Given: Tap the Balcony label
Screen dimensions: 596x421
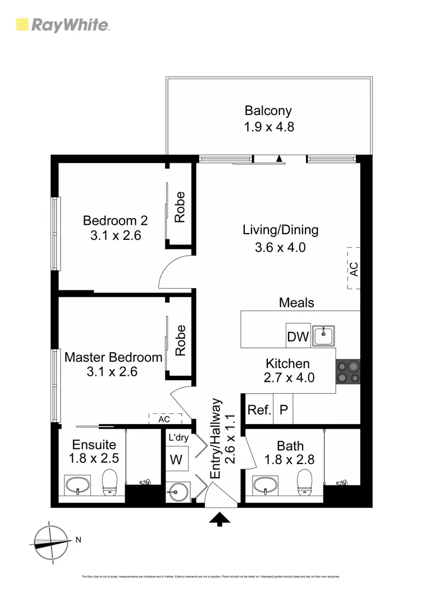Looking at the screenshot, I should pyautogui.click(x=268, y=111).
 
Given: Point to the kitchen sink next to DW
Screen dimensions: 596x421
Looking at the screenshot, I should pyautogui.click(x=324, y=336).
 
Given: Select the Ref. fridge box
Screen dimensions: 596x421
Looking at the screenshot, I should pyautogui.click(x=259, y=410).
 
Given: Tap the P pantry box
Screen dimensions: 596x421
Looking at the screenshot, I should pyautogui.click(x=283, y=410).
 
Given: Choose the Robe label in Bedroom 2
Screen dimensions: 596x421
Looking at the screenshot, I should pyautogui.click(x=180, y=207).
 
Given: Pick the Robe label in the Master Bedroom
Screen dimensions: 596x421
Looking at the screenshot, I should pyautogui.click(x=180, y=340).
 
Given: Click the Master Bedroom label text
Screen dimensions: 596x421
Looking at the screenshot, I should pyautogui.click(x=113, y=357).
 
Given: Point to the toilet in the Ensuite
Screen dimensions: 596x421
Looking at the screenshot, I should pyautogui.click(x=110, y=481).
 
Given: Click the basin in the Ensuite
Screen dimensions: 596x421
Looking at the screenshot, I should pyautogui.click(x=77, y=484).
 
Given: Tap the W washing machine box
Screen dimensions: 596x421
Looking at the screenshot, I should pyautogui.click(x=176, y=460).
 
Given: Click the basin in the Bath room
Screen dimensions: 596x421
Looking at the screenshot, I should pyautogui.click(x=266, y=484).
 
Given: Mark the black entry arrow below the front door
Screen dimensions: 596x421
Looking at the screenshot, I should pyautogui.click(x=219, y=519).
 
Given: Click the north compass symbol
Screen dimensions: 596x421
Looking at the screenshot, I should pyautogui.click(x=51, y=542).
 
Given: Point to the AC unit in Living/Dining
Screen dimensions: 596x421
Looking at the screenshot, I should pyautogui.click(x=353, y=268).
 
